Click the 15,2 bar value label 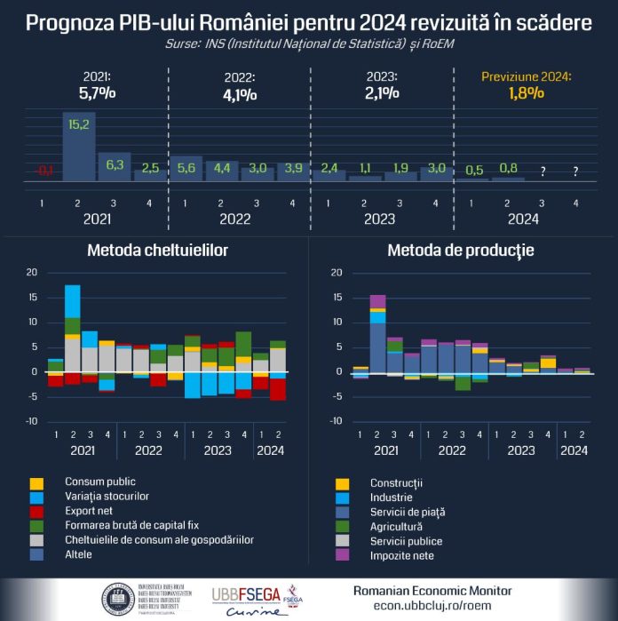(x=78, y=124)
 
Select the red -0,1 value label (x=43, y=171)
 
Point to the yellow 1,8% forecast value (x=527, y=93)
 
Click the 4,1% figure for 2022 (x=239, y=92)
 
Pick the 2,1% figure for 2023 (x=382, y=92)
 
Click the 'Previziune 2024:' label (x=527, y=77)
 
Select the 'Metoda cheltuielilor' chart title (x=157, y=251)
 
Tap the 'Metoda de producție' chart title (x=460, y=251)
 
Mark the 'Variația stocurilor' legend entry (x=107, y=497)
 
